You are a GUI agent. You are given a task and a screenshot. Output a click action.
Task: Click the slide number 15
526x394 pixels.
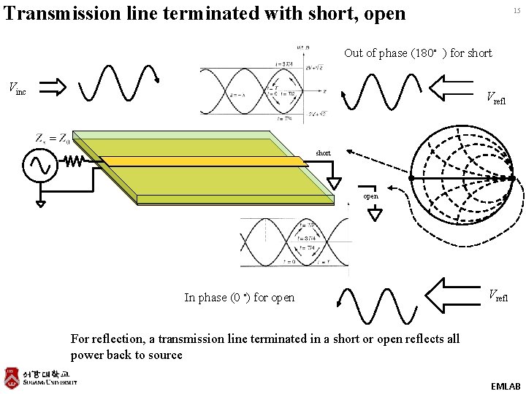(517, 10)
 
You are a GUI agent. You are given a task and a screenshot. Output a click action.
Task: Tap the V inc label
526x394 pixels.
(17, 89)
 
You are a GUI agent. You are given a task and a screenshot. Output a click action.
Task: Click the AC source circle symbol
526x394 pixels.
(37, 166)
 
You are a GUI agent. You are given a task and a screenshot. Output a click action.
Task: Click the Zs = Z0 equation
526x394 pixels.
(53, 138)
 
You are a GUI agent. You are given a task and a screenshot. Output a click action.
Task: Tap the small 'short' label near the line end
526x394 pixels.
(323, 153)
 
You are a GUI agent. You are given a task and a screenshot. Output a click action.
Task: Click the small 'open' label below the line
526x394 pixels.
(370, 196)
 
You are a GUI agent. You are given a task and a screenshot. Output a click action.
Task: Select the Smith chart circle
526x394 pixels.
(461, 177)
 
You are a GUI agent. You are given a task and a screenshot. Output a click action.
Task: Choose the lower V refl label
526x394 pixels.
(499, 295)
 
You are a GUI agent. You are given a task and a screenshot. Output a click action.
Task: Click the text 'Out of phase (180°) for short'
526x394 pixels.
(418, 53)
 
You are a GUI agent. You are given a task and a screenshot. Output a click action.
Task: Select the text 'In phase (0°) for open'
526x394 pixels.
(240, 297)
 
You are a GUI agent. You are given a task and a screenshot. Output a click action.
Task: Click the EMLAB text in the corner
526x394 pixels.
(506, 385)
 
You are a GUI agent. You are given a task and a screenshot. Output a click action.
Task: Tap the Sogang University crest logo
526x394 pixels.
(11, 377)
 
